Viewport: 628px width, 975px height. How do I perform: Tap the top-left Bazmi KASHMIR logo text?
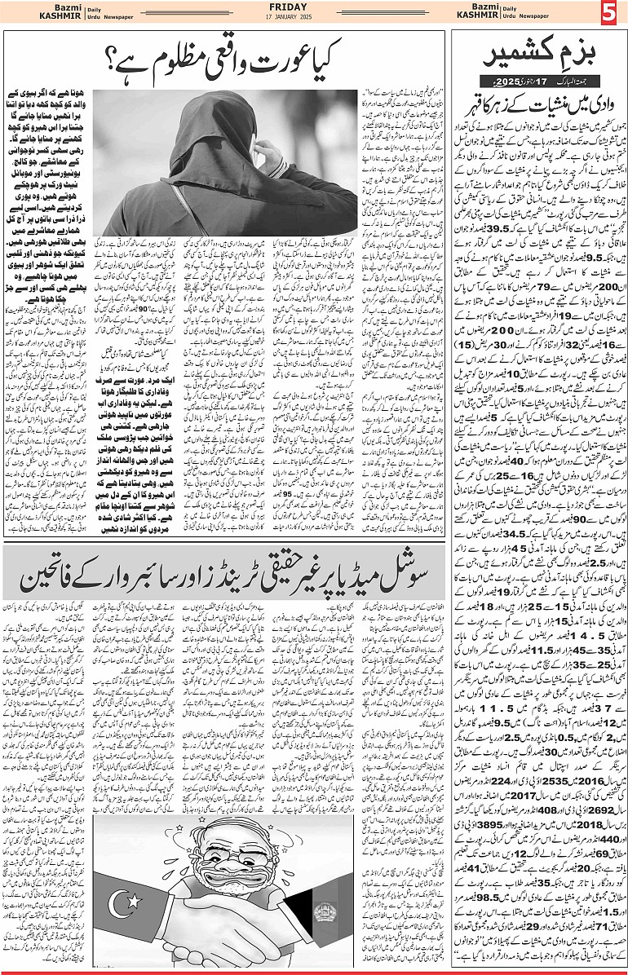click(x=28, y=14)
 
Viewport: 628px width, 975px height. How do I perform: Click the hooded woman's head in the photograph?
click(x=224, y=122)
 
